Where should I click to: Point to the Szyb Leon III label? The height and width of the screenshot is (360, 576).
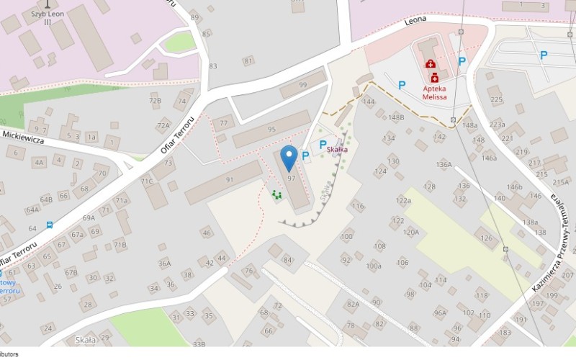click(x=48, y=17)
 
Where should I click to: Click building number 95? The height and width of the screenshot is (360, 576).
click(x=271, y=130)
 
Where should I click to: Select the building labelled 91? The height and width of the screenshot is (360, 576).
click(x=230, y=179)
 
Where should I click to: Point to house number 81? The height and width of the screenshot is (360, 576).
click(x=248, y=61)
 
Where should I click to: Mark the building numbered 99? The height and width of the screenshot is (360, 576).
click(x=302, y=86)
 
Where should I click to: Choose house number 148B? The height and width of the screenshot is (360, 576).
click(x=396, y=117)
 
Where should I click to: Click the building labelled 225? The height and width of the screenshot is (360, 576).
click(x=495, y=99)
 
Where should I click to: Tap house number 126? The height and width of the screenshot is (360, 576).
click(x=487, y=238)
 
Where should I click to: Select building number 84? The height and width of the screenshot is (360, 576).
click(x=288, y=260)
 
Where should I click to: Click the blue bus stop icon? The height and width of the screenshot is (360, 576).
click(x=50, y=225)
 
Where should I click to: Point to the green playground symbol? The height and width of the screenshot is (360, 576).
click(x=276, y=194)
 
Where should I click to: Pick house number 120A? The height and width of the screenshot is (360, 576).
click(x=410, y=232)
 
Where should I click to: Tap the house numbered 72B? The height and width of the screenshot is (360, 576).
click(x=155, y=101)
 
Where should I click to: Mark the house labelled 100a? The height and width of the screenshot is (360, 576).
click(x=373, y=266)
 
